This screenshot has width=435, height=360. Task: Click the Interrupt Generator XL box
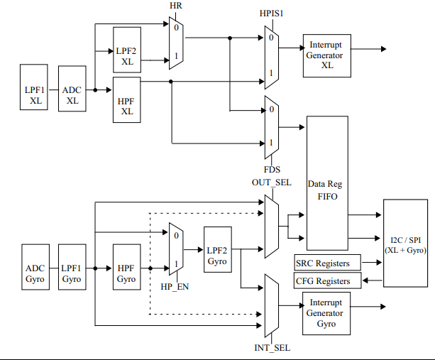[327, 55]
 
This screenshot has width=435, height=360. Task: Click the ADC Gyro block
[35, 274]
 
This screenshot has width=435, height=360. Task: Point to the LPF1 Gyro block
[72, 274]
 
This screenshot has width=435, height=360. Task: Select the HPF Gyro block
[126, 274]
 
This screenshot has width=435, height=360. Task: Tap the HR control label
[175, 6]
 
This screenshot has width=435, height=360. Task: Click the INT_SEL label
[272, 348]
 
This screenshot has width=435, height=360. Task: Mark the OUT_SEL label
[271, 182]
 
